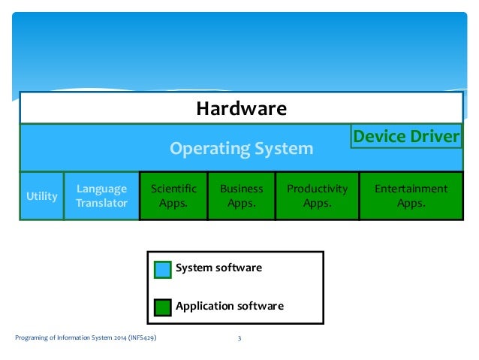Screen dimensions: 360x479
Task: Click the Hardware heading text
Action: (241, 109)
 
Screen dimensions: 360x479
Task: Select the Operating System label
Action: (241, 149)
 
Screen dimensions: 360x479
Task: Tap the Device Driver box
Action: (405, 137)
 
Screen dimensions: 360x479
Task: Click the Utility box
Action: (42, 196)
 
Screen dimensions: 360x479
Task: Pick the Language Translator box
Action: (102, 196)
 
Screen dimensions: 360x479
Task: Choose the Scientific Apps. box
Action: (173, 196)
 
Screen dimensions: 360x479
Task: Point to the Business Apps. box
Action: (241, 196)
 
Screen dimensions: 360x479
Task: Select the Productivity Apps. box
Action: (317, 196)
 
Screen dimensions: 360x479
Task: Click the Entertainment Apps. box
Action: (411, 196)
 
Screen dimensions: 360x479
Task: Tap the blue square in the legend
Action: (163, 269)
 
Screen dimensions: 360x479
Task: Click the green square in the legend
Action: (163, 307)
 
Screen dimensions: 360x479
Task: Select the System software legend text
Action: (218, 268)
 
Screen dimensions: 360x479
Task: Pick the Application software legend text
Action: (229, 306)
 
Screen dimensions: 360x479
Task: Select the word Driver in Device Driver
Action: (435, 137)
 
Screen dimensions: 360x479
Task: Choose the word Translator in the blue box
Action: (102, 204)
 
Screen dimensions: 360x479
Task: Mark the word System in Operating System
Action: (285, 149)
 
